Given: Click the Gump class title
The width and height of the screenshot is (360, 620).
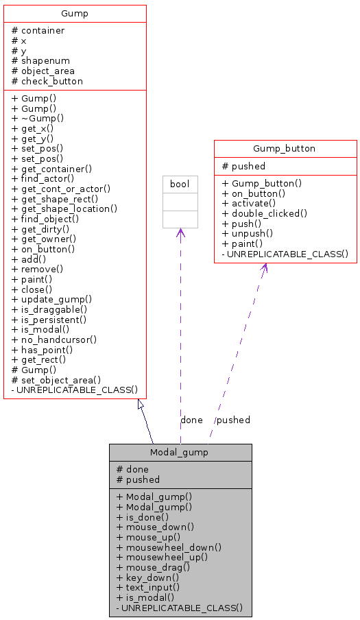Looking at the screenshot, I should pos(75,14).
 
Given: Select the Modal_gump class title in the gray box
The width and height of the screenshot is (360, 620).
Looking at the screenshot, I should pos(180,452).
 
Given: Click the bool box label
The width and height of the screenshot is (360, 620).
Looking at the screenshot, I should pos(180,184).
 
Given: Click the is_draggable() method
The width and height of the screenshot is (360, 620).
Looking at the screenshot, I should pos(49,309).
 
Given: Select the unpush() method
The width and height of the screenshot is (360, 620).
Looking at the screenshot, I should pos(250,234).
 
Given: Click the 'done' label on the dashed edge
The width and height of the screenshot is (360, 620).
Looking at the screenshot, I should pos(191,420).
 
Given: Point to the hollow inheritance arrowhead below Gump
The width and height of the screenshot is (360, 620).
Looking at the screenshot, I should pos(141,405).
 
